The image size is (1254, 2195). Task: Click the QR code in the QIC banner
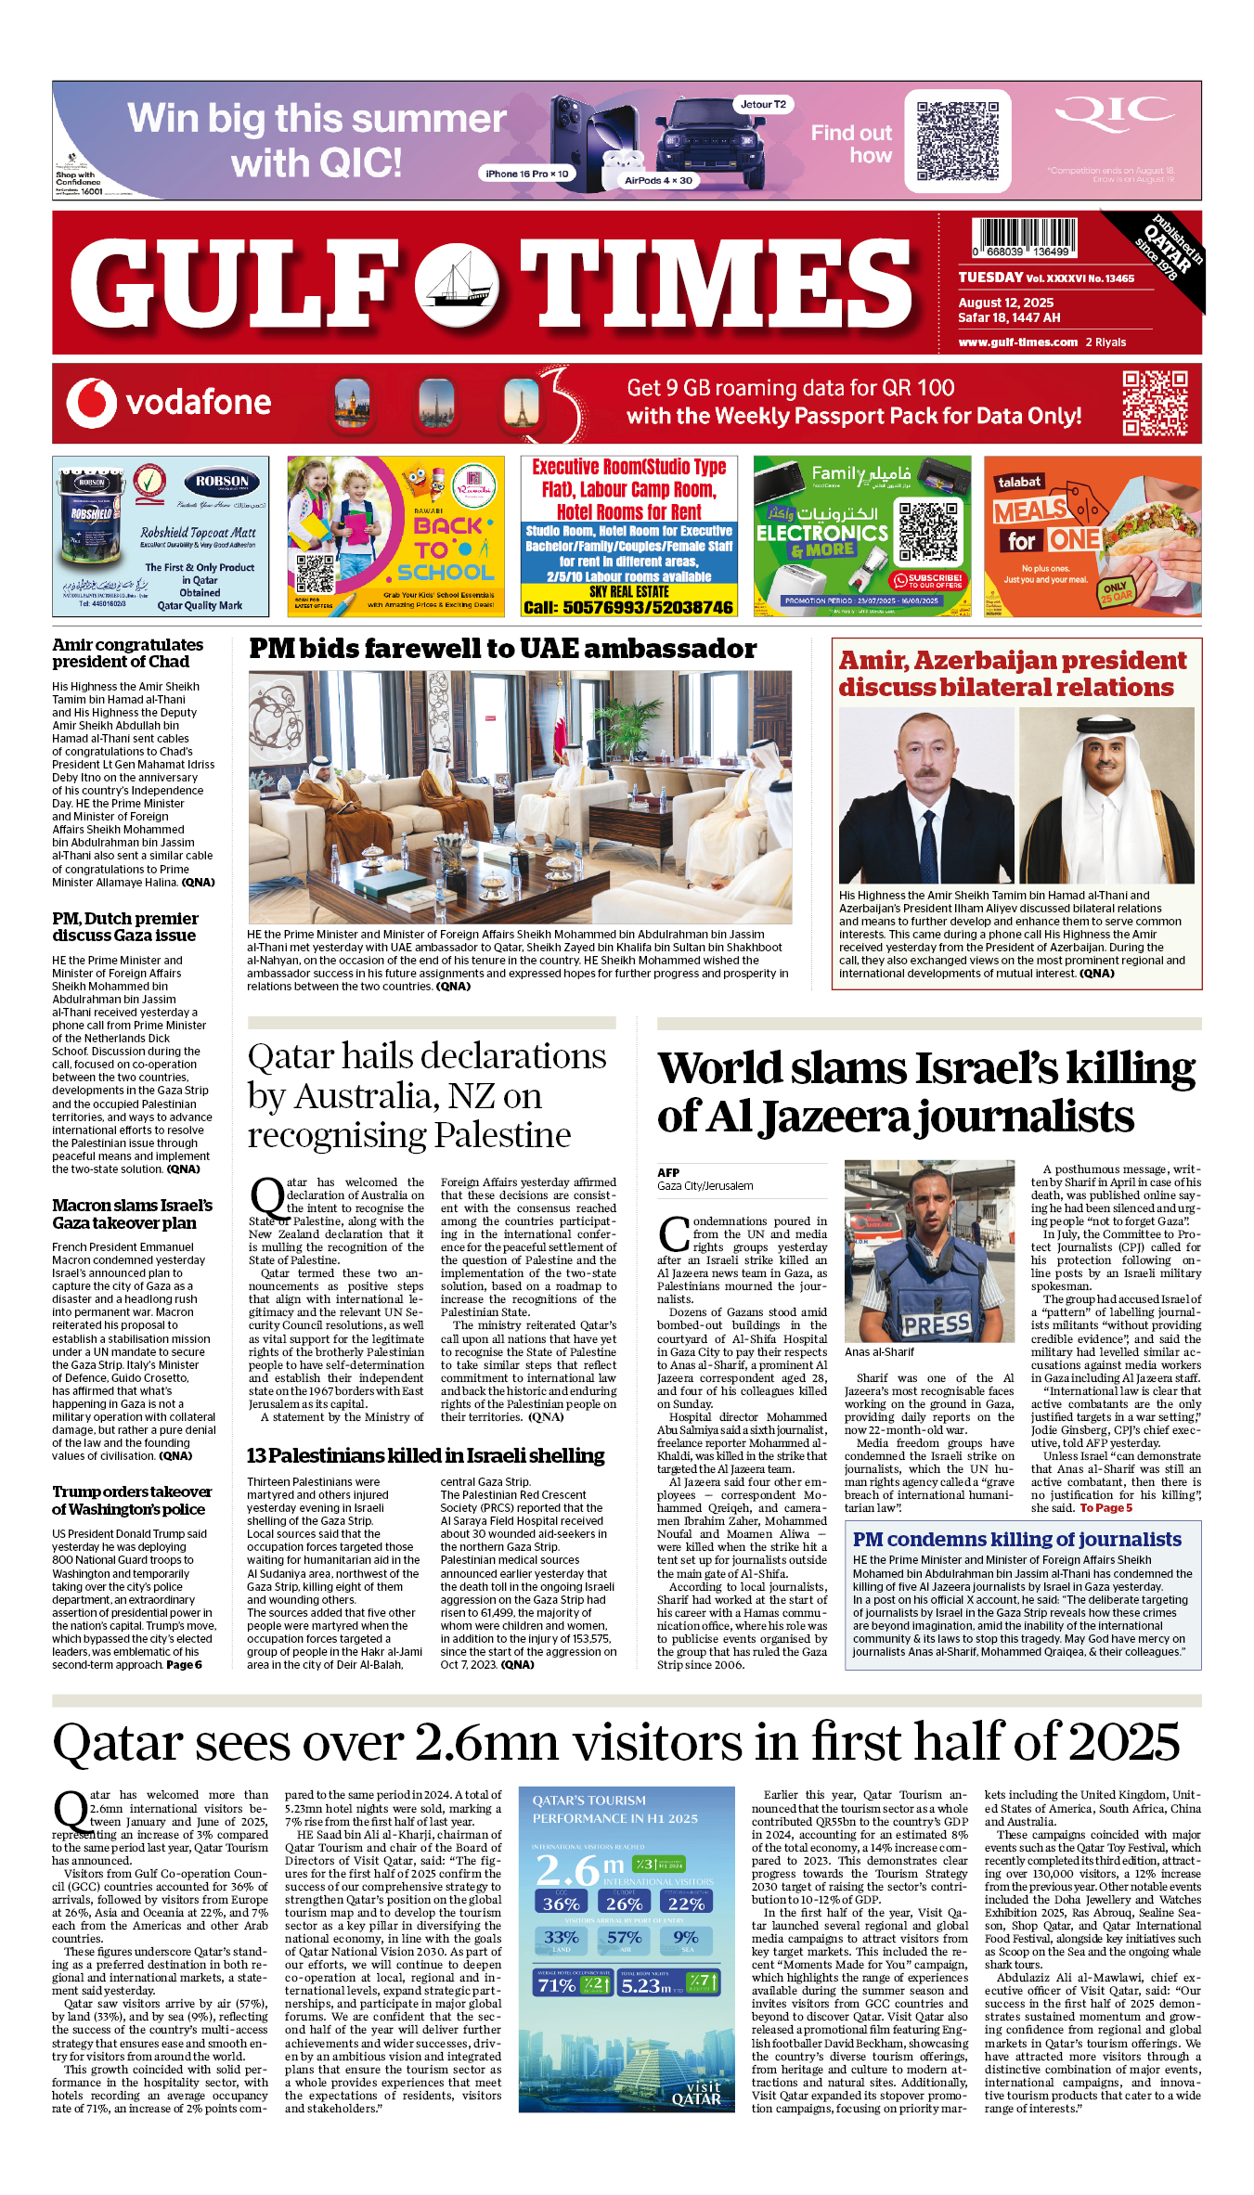pyautogui.click(x=957, y=141)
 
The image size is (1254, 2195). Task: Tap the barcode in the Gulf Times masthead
pyautogui.click(x=1025, y=237)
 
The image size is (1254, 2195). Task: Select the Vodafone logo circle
pyautogui.click(x=91, y=403)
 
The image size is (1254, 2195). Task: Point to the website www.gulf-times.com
pyautogui.click(x=1017, y=342)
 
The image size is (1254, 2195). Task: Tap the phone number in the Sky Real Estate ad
pyautogui.click(x=628, y=607)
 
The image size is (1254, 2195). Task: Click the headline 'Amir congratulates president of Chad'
pyautogui.click(x=127, y=652)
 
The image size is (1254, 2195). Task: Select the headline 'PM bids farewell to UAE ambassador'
pyautogui.click(x=502, y=649)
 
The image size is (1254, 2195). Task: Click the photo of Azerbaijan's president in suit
pyautogui.click(x=925, y=795)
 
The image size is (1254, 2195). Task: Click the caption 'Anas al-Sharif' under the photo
pyautogui.click(x=879, y=1352)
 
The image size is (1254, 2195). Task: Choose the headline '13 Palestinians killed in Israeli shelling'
pyautogui.click(x=425, y=1455)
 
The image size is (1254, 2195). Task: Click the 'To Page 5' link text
pyautogui.click(x=1105, y=1508)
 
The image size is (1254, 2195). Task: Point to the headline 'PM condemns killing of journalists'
pyautogui.click(x=1016, y=1540)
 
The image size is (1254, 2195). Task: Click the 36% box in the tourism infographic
pyautogui.click(x=561, y=1904)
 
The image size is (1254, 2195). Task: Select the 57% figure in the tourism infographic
pyautogui.click(x=624, y=1939)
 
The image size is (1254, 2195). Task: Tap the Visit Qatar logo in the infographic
pyautogui.click(x=697, y=2093)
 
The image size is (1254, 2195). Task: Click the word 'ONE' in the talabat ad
pyautogui.click(x=1075, y=540)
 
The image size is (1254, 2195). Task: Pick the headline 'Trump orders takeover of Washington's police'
pyautogui.click(x=132, y=1500)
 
